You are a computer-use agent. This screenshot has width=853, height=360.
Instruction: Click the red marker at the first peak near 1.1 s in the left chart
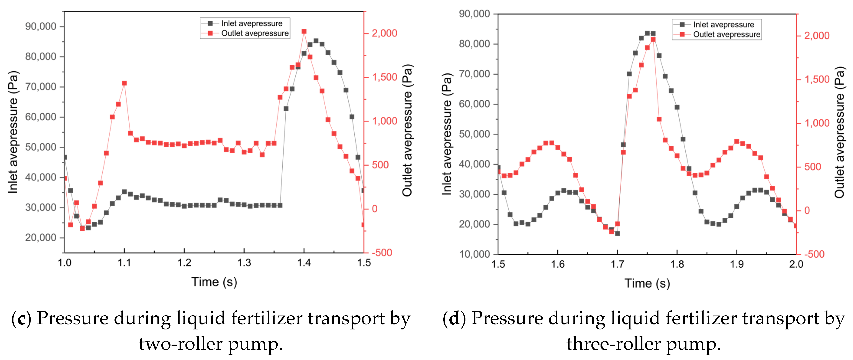124,83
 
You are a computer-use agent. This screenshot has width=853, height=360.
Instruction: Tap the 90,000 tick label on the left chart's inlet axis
41,26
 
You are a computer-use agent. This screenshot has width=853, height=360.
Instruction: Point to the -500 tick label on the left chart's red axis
381,253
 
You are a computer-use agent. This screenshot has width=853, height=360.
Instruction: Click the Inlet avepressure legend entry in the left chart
251,23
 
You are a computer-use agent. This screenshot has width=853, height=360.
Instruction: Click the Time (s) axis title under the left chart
214,282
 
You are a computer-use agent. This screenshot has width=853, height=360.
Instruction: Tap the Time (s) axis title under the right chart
647,283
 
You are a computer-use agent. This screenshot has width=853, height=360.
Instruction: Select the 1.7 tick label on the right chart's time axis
617,264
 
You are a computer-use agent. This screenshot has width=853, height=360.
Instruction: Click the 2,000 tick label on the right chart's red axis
817,36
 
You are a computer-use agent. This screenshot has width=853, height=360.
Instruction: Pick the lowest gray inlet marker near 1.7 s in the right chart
617,234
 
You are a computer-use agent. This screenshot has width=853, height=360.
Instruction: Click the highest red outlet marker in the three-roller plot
653,39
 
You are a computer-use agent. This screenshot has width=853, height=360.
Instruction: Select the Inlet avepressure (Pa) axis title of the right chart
447,134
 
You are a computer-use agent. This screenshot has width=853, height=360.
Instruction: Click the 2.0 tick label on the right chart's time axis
796,264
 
